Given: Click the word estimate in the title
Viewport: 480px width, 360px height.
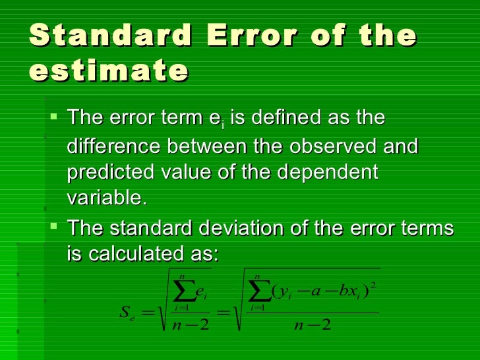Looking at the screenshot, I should point(108,71).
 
